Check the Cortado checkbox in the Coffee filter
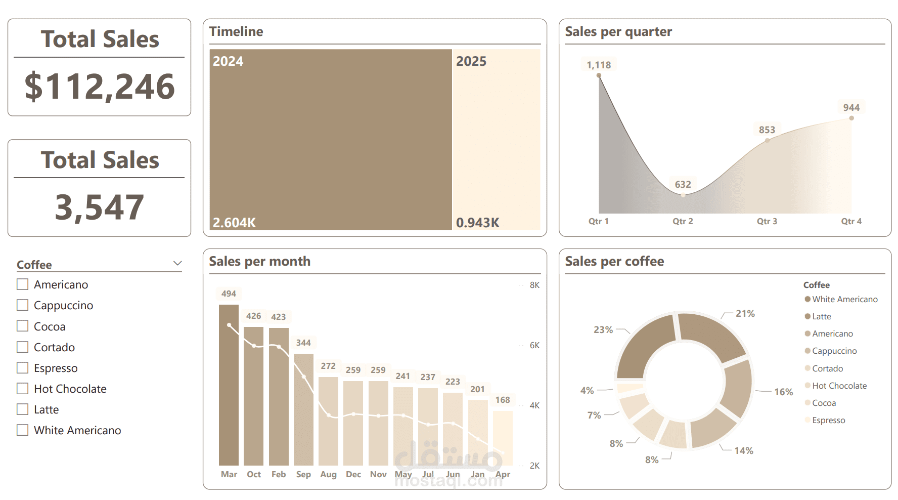(22, 347)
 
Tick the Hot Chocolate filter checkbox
(22, 388)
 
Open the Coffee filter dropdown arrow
(177, 263)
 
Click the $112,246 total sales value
(100, 87)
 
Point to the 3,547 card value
(100, 207)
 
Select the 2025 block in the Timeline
(496, 140)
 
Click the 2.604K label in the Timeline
(234, 223)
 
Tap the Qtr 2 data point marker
(683, 195)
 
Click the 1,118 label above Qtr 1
(599, 65)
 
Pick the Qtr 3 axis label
(767, 221)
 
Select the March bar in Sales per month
(229, 385)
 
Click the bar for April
(503, 438)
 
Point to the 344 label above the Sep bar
(303, 343)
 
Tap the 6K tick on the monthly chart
(534, 345)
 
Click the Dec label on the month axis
(353, 474)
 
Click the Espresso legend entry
(825, 420)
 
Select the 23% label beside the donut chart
(603, 329)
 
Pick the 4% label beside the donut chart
(587, 390)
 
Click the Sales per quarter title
(618, 31)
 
